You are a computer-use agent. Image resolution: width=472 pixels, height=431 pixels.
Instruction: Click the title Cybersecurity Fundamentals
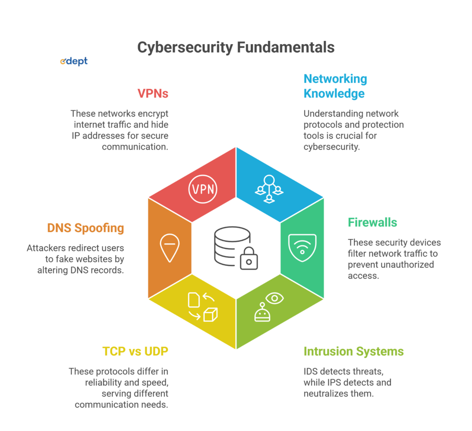[236, 47]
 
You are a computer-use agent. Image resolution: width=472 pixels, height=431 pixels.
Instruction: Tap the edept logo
[74, 61]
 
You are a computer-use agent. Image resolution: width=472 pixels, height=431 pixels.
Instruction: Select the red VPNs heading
[153, 93]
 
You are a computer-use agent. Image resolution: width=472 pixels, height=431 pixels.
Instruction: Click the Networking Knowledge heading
[335, 86]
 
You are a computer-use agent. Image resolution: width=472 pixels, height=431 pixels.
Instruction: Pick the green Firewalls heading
[372, 222]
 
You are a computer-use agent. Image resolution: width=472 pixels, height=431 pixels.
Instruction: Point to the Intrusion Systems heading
[354, 351]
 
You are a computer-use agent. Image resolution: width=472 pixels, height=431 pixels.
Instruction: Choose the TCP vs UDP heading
[135, 351]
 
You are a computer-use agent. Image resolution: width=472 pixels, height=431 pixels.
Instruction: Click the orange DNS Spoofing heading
[85, 228]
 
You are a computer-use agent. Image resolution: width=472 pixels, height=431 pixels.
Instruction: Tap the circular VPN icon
[202, 189]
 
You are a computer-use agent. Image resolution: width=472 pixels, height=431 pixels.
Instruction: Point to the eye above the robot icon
[275, 298]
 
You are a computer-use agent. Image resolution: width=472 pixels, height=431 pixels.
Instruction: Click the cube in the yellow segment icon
[210, 314]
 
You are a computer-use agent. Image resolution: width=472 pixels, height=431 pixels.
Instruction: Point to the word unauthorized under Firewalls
[407, 264]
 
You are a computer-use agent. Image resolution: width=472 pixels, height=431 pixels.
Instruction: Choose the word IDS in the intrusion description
[311, 371]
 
